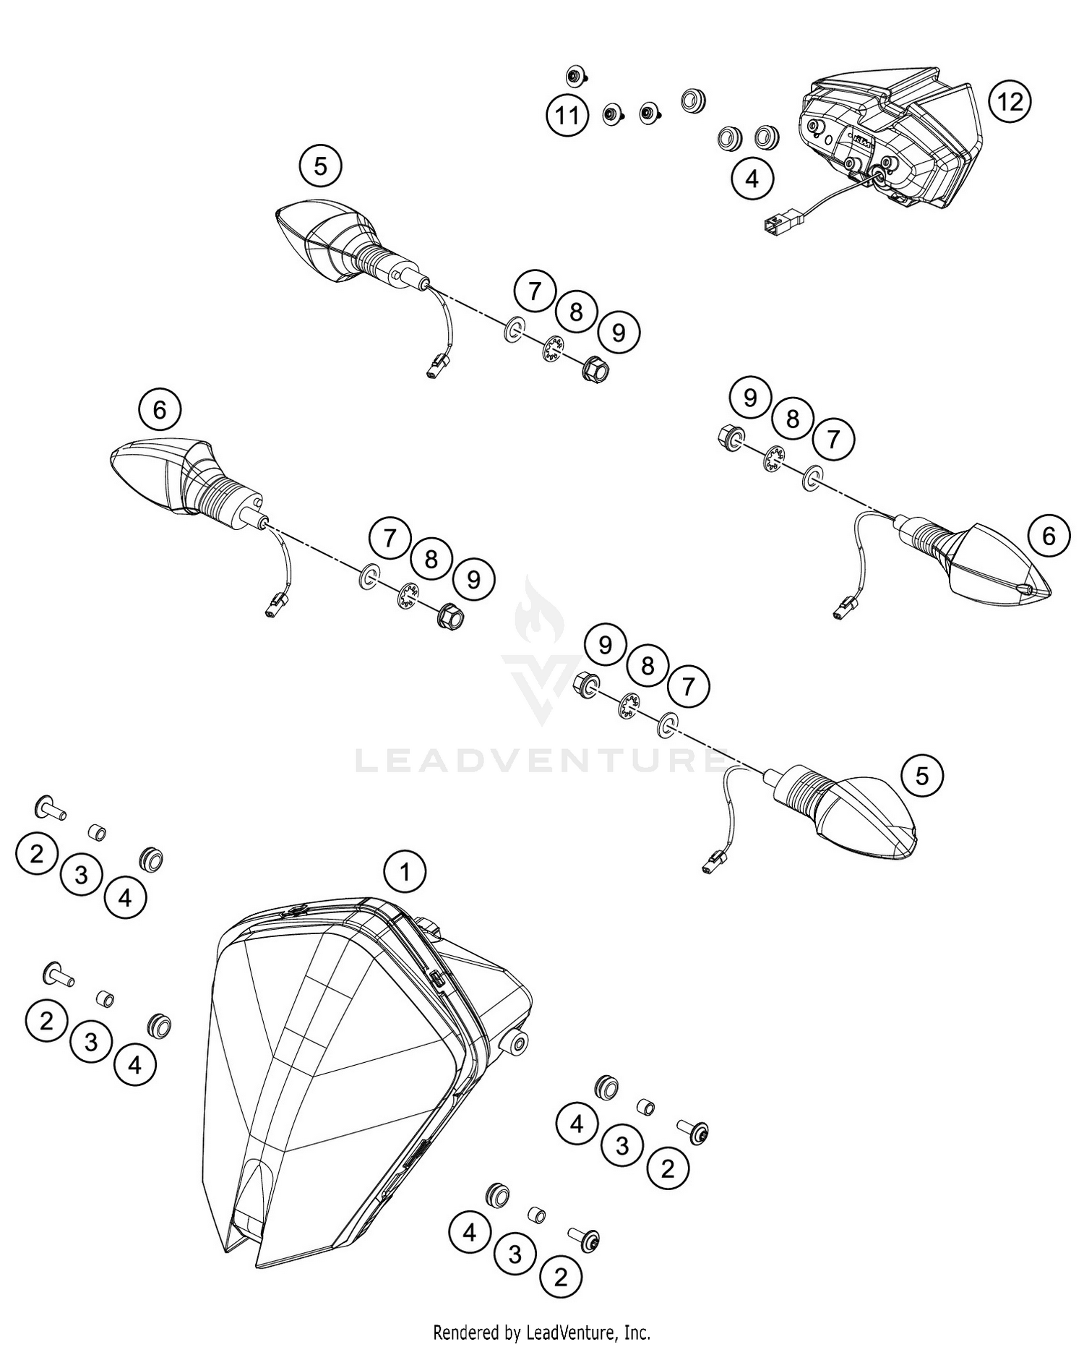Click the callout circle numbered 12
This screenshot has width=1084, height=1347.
[1010, 101]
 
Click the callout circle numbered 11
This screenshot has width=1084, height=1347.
[567, 116]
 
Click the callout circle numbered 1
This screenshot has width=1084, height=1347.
[405, 872]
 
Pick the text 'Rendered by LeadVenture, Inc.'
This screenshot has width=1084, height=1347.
[541, 1332]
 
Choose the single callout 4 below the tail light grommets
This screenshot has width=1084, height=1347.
[752, 178]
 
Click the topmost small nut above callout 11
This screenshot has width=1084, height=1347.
[575, 75]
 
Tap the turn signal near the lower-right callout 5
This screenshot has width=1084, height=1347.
[853, 810]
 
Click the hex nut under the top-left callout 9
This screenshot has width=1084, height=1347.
[594, 370]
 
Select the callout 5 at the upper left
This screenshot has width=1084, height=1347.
[320, 166]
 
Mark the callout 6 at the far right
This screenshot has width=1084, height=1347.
[1048, 536]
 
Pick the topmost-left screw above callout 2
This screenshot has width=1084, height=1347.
[50, 808]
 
